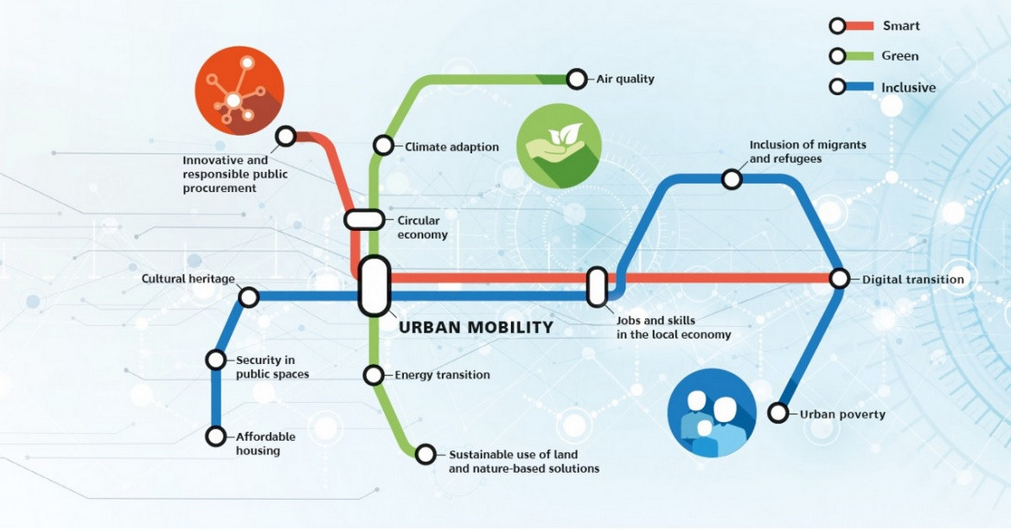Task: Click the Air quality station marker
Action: point(577,80)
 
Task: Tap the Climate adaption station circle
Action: point(383,146)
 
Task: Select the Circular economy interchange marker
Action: point(364,220)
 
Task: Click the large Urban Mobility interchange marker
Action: point(374,286)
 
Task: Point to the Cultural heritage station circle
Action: point(249,297)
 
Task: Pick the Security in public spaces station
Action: point(216,360)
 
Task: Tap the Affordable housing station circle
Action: point(216,437)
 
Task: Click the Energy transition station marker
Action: point(374,374)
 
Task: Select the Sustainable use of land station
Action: point(426,454)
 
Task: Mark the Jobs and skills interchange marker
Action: point(597,287)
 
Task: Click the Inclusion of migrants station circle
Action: point(732,179)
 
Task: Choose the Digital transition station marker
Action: point(840,278)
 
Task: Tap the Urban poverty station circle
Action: point(778,412)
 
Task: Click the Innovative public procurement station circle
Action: point(285,137)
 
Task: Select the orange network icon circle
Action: point(240,90)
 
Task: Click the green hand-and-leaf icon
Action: point(559,146)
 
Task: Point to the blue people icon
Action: point(712,412)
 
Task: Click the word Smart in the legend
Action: point(901,26)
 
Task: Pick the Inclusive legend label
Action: point(908,87)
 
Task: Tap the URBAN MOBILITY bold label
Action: point(476,328)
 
